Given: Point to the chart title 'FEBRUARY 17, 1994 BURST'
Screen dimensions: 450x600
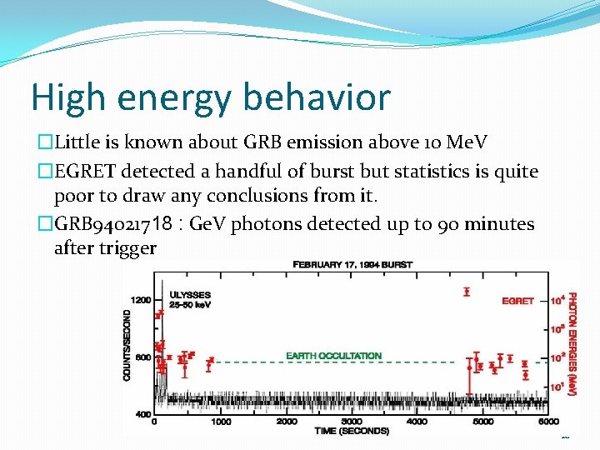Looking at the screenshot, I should point(352,264).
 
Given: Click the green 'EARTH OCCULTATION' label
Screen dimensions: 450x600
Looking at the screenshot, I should point(333,356).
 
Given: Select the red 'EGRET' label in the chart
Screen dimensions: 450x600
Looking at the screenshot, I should point(517,300).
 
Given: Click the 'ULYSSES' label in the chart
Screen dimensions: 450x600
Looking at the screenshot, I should point(189,294).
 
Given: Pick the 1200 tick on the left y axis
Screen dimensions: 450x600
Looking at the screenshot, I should point(140,300).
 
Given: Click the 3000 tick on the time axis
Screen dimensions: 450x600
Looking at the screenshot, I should point(352,422).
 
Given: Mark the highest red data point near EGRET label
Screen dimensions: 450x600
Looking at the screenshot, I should point(466,292).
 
